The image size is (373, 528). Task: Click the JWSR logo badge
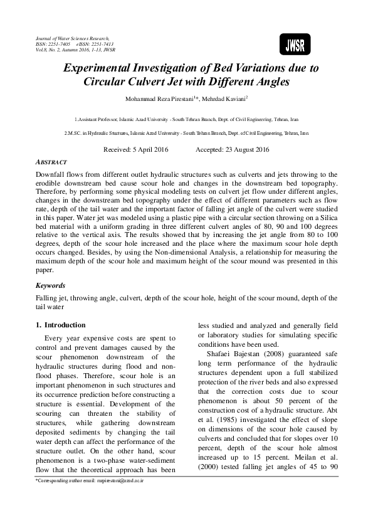295,44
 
